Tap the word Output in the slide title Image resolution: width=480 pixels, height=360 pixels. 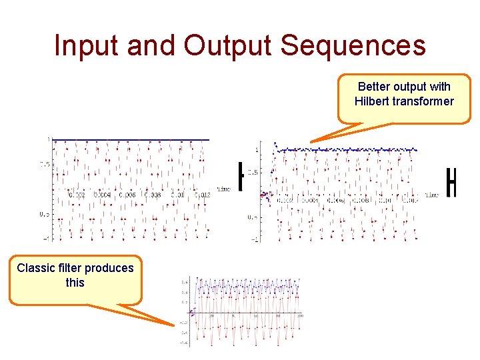point(227,45)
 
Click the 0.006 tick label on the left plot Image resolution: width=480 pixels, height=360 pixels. point(127,195)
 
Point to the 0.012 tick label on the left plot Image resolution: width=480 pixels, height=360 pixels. point(202,195)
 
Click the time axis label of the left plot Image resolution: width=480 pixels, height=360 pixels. point(223,189)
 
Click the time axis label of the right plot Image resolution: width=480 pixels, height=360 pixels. point(431,195)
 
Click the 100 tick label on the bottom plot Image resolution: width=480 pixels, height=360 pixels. point(299,315)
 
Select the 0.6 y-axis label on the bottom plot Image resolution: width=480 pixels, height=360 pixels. point(183,282)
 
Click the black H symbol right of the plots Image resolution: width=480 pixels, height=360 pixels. point(451,183)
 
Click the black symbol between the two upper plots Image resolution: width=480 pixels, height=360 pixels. point(241,176)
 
